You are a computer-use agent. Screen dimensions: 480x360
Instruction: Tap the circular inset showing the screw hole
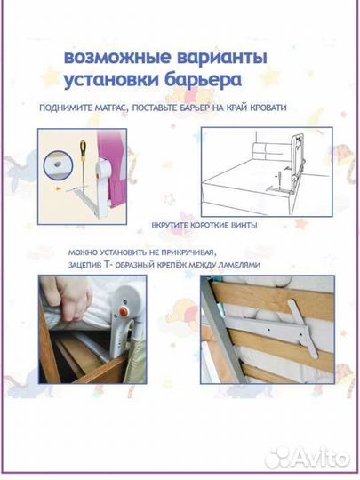tap(57, 165)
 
